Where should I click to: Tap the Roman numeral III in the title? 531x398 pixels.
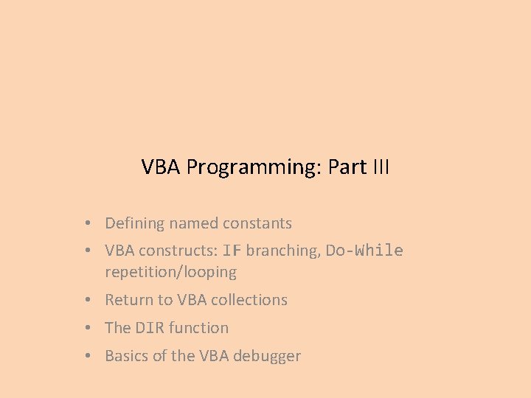click(380, 167)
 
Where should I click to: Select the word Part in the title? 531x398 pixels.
click(348, 167)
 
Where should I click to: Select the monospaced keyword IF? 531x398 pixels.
click(232, 251)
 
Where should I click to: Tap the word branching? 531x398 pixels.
click(283, 251)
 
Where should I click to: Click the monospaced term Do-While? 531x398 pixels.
click(364, 251)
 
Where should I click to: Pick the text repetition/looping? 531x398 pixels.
click(170, 272)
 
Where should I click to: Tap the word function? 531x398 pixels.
click(199, 328)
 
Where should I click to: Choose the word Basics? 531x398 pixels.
click(127, 356)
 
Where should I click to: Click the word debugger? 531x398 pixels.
click(268, 356)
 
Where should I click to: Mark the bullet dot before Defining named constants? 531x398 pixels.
click(87, 223)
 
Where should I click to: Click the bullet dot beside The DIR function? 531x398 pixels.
click(87, 328)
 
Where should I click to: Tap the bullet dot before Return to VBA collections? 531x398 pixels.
click(87, 300)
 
